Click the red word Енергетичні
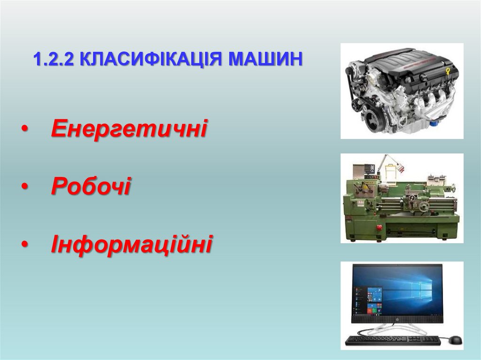click(x=129, y=128)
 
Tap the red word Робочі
click(x=91, y=186)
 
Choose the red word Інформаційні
click(x=132, y=245)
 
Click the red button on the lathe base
click(x=379, y=227)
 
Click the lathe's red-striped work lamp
click(x=400, y=166)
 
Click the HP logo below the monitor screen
click(x=397, y=320)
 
